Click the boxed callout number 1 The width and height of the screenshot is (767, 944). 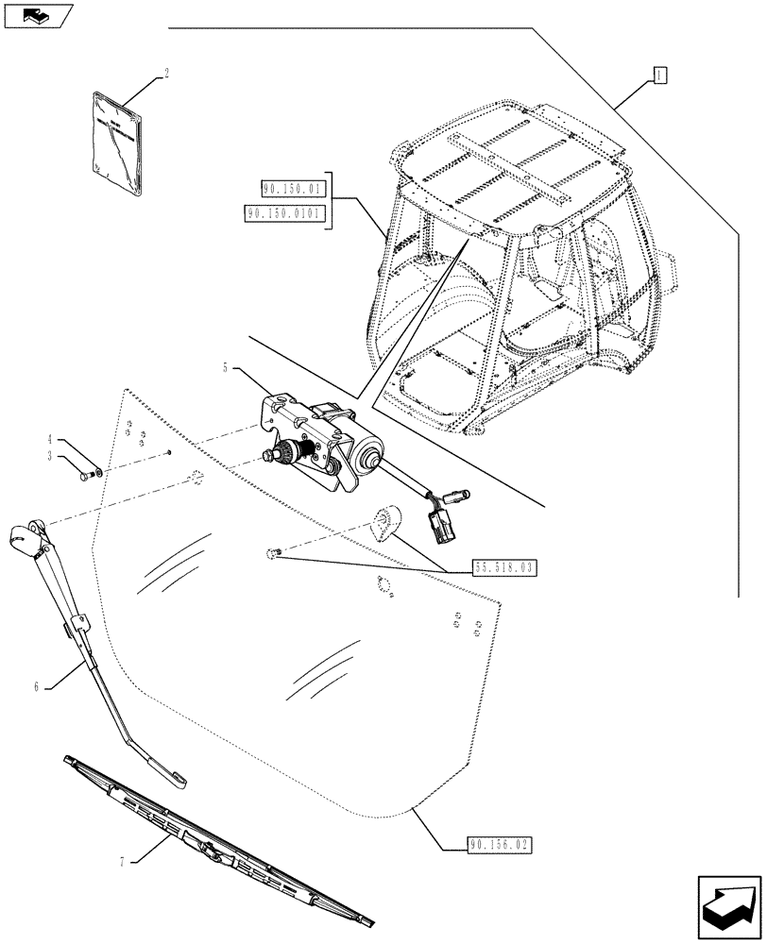659,75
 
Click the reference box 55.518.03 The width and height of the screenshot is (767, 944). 502,567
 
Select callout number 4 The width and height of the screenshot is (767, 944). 51,439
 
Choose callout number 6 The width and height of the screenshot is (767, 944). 37,687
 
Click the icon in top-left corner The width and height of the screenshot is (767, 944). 36,14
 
